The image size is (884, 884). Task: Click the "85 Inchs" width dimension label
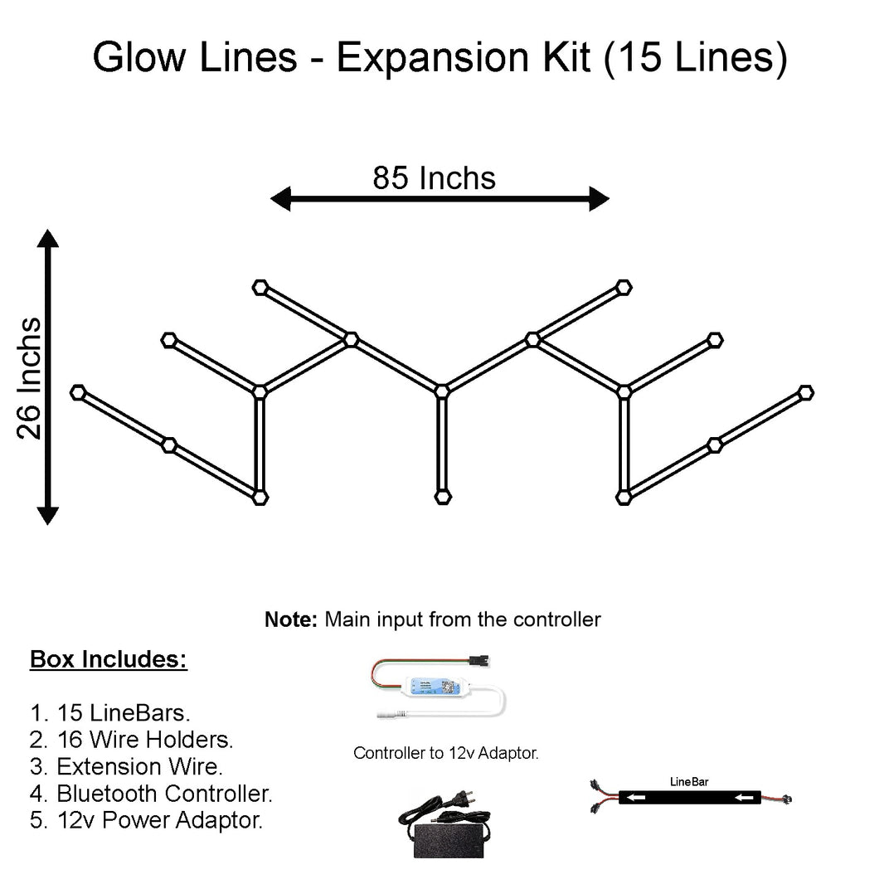434,177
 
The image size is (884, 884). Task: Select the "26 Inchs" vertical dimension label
30,378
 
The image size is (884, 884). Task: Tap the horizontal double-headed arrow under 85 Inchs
440,199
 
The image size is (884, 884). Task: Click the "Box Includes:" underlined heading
109,660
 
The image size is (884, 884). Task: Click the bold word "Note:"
291,619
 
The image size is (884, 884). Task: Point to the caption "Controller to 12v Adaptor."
446,753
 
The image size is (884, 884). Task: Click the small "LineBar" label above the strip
688,781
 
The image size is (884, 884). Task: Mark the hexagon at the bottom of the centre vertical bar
442,497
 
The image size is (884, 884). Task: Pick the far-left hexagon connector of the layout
79,392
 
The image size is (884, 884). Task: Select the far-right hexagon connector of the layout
805,392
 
